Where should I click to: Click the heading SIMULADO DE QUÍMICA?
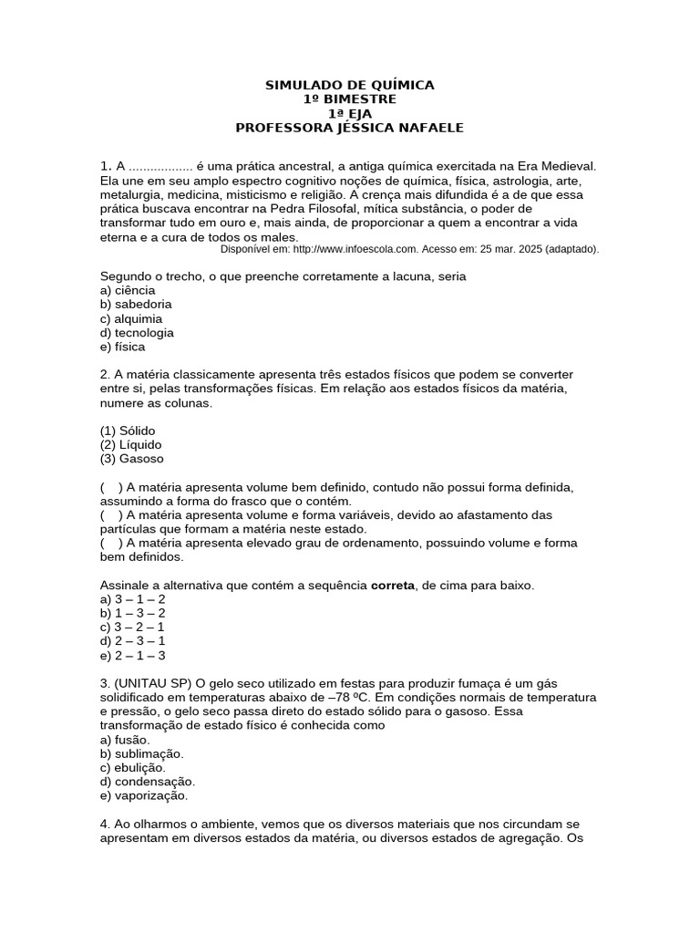[349, 85]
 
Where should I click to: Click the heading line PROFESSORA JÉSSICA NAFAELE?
[349, 128]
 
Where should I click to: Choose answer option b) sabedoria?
[136, 304]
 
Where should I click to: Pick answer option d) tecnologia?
[137, 333]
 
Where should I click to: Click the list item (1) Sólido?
[128, 430]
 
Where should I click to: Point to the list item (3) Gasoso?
[132, 459]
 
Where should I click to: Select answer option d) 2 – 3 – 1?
[132, 641]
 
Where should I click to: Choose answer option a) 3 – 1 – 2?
[132, 599]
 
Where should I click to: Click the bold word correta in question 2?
[392, 585]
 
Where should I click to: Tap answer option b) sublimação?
[142, 754]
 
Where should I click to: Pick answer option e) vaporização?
[144, 796]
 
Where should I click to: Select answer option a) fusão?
[125, 740]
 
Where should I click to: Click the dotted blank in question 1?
[160, 166]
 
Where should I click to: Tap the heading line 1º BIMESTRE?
[349, 99]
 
